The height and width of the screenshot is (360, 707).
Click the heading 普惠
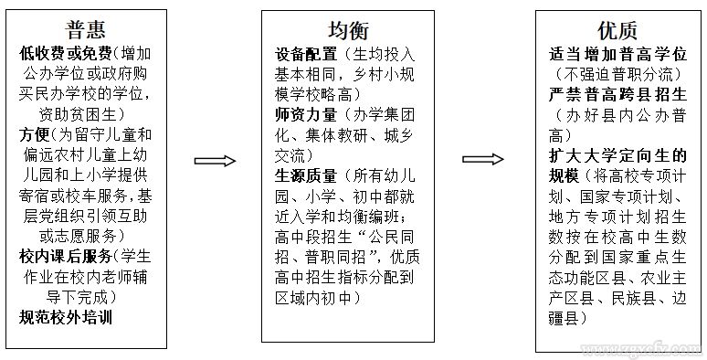(92, 27)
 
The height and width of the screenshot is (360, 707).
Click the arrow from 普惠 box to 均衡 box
(215, 160)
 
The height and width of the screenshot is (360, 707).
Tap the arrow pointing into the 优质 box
(485, 160)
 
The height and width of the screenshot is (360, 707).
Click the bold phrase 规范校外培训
(69, 317)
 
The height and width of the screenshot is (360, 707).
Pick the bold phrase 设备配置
(305, 54)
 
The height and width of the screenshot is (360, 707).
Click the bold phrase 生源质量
(305, 175)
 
